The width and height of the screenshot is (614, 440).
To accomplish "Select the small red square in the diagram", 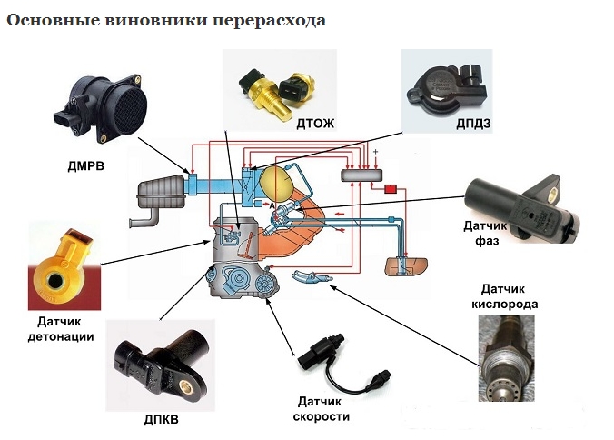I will pyautogui.click(x=391, y=189).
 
